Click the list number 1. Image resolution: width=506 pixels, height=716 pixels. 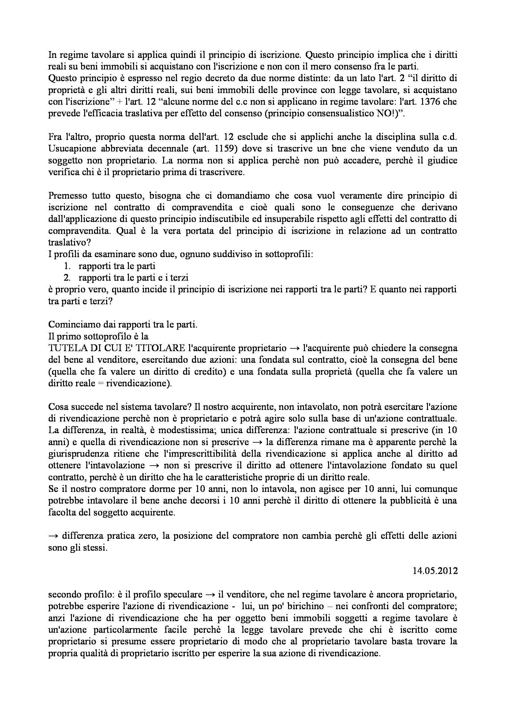[x=67, y=266]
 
